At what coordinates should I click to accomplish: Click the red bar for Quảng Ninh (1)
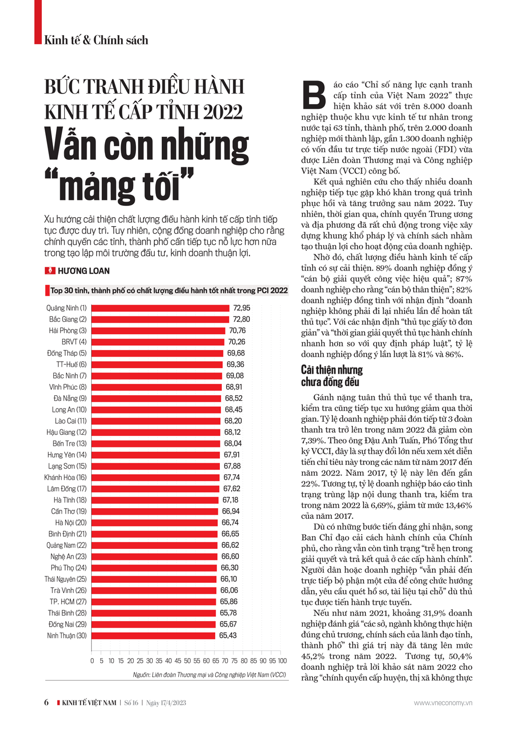click(160, 308)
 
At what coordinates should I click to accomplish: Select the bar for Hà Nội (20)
click(155, 523)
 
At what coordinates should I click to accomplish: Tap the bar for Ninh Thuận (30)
click(153, 636)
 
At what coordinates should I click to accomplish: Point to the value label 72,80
click(242, 319)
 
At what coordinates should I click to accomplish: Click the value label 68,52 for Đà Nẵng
click(234, 398)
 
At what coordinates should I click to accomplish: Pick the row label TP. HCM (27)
click(68, 602)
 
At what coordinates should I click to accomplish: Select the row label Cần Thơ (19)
click(69, 511)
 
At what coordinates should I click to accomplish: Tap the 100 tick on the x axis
click(282, 661)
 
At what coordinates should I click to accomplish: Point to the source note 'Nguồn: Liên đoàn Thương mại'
click(209, 675)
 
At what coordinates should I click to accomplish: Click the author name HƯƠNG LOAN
click(83, 271)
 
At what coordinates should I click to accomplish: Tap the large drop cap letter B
click(314, 95)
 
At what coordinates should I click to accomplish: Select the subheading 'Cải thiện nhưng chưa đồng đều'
click(331, 376)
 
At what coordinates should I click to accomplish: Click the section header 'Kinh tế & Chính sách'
click(96, 40)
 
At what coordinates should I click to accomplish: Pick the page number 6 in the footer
click(46, 702)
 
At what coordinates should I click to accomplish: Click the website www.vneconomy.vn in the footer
click(443, 703)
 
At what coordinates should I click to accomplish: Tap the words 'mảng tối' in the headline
click(120, 186)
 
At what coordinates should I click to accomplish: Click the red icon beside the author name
click(50, 271)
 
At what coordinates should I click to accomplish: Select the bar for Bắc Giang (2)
click(160, 319)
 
